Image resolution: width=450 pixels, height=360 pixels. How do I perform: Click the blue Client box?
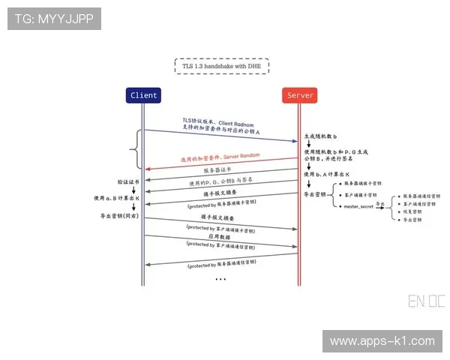pos(143,95)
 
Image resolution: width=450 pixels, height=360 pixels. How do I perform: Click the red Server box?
pos(300,95)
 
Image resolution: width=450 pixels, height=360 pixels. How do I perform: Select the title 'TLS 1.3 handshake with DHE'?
pos(221,66)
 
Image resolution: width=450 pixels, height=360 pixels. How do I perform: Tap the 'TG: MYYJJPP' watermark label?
pos(53,18)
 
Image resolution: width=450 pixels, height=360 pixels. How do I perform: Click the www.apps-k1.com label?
pos(382,341)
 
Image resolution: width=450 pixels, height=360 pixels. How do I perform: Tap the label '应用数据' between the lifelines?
pos(220,235)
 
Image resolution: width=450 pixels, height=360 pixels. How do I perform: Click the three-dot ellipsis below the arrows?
pos(220,279)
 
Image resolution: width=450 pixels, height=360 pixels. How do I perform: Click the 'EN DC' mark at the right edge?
pos(426,301)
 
